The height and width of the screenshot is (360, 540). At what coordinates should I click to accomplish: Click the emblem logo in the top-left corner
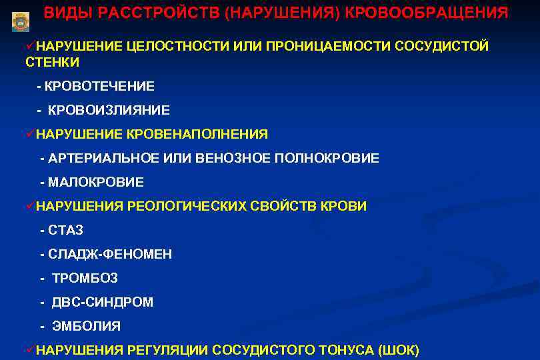tap(21, 21)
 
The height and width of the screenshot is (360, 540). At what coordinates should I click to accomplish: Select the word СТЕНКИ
tap(53, 63)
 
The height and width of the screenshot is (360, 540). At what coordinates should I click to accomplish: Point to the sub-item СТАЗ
tap(65, 231)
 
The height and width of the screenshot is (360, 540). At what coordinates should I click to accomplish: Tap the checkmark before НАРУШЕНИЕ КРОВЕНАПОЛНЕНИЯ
tap(30, 134)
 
